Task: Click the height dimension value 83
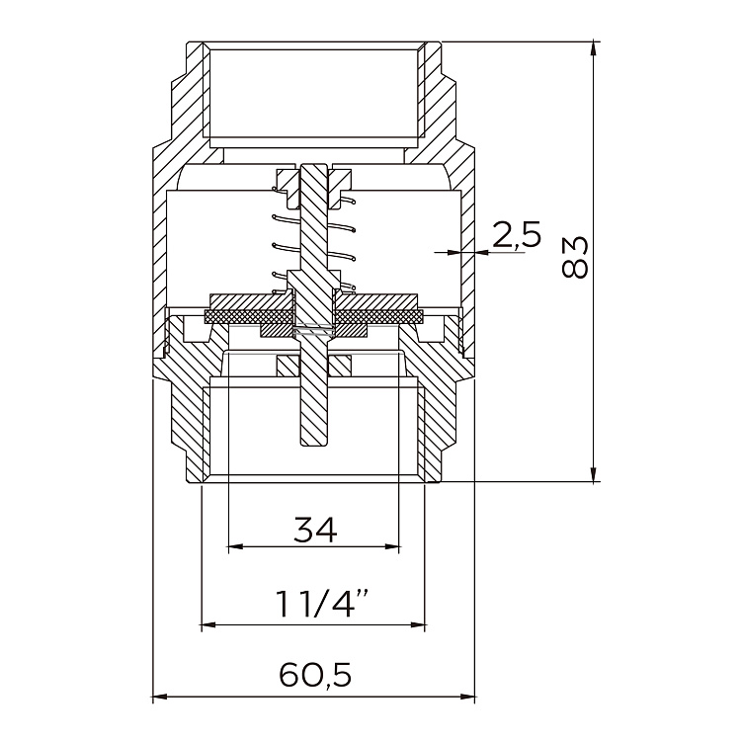pos(574,258)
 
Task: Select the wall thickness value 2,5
pos(517,235)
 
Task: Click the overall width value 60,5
pos(315,676)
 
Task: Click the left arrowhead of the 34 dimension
pos(234,545)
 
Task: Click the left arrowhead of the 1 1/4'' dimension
pos(207,624)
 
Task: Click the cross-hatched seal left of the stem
pos(242,316)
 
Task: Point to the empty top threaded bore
pos(314,94)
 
